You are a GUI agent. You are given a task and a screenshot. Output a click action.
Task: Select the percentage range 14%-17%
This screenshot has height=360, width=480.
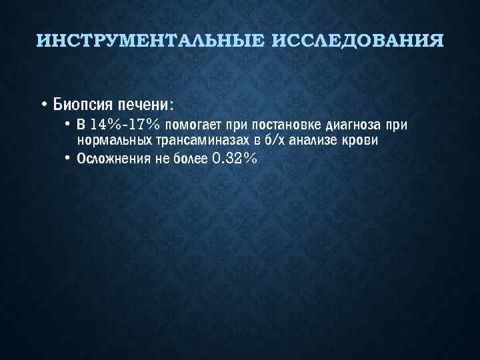tap(125, 125)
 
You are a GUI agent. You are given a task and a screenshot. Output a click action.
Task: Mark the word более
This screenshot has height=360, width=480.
tap(187, 159)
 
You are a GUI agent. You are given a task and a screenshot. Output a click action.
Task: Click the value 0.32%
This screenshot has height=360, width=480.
tap(233, 159)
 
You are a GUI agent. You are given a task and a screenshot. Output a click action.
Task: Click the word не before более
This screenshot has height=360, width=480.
tap(161, 159)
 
